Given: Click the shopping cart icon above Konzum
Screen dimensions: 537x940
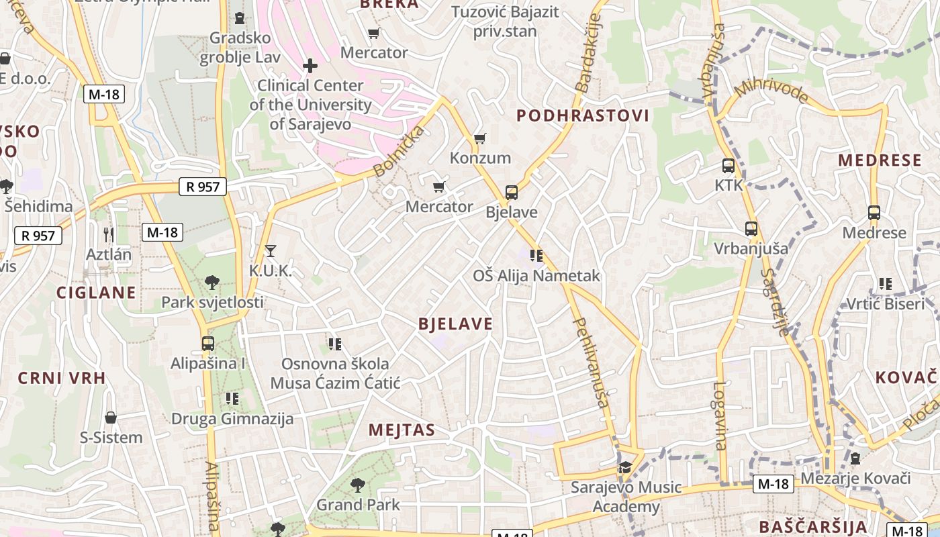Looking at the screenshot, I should tap(479, 138).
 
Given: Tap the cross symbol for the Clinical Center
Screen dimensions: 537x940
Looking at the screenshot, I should tap(310, 66).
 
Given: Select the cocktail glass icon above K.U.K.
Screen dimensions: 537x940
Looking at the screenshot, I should tap(270, 251).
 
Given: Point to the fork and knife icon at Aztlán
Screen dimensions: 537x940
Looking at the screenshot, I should tap(109, 234).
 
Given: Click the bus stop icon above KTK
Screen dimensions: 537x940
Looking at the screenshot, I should tap(728, 165).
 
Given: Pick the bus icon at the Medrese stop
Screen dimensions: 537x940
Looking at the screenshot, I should tap(874, 213).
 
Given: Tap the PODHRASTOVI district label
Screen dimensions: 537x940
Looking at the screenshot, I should tap(582, 115).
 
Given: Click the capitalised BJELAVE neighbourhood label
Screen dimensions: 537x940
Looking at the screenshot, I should tap(455, 324).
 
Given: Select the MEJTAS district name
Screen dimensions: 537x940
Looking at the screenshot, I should tap(402, 430).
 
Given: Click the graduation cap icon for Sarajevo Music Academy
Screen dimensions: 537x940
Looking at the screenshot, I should tap(625, 467).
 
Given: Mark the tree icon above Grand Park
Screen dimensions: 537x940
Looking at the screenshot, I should tap(358, 484).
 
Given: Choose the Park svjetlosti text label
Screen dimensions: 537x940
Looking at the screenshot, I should tap(212, 302).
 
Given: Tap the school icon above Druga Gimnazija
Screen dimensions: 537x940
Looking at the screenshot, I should tap(232, 399).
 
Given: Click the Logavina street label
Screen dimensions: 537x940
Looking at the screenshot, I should tap(719, 416).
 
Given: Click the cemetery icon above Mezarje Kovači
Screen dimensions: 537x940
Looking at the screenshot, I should tap(855, 458).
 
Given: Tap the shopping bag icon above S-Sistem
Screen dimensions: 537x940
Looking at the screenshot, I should tap(111, 418).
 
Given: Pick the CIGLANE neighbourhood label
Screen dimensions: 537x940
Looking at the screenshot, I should tap(96, 293).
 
